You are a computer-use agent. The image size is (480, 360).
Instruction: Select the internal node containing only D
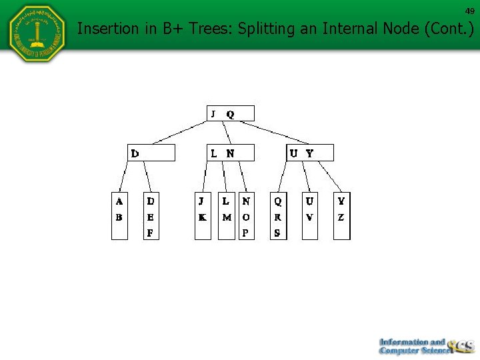click(151, 153)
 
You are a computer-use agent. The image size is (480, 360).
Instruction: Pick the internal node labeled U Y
click(309, 153)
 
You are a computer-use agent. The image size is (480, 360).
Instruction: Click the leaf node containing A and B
click(119, 216)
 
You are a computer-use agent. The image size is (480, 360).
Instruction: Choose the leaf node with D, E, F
click(151, 216)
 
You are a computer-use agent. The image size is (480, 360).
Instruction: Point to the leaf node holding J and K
click(203, 216)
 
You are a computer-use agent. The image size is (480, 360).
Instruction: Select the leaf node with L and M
click(227, 216)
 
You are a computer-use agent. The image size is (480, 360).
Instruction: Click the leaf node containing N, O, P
click(247, 216)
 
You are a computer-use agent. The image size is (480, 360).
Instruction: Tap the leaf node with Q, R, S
click(278, 216)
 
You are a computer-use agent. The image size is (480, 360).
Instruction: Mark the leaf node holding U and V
click(309, 216)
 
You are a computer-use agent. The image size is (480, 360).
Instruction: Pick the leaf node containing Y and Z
click(341, 216)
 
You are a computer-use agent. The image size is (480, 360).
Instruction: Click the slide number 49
click(470, 11)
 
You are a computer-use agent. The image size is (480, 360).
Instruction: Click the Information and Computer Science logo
click(426, 345)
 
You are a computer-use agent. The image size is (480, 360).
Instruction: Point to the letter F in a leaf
click(151, 233)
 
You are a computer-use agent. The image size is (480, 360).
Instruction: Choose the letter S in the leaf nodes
click(277, 233)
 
